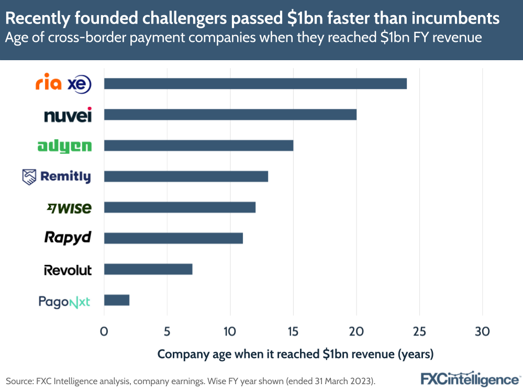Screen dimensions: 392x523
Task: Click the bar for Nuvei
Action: coord(230,115)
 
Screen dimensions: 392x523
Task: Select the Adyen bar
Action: coord(198,145)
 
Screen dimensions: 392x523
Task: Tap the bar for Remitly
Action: coord(186,176)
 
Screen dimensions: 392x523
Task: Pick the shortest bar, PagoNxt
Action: coord(117,300)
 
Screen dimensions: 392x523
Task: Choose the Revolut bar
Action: coord(148,270)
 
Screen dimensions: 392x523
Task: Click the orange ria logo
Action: coord(48,84)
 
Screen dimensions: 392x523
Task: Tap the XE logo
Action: coord(80,84)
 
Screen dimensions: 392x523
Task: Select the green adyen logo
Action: coord(64,146)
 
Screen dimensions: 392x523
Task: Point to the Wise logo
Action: coord(69,208)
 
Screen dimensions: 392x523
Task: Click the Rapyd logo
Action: coord(68,238)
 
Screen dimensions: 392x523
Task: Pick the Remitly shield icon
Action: coord(29,177)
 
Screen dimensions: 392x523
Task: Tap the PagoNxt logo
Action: coord(64,301)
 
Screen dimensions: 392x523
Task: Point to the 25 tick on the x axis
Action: coord(419,331)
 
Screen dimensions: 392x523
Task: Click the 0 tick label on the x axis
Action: coord(104,331)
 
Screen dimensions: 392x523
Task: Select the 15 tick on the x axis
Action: coord(293,331)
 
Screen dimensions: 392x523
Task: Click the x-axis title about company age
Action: coord(295,354)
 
